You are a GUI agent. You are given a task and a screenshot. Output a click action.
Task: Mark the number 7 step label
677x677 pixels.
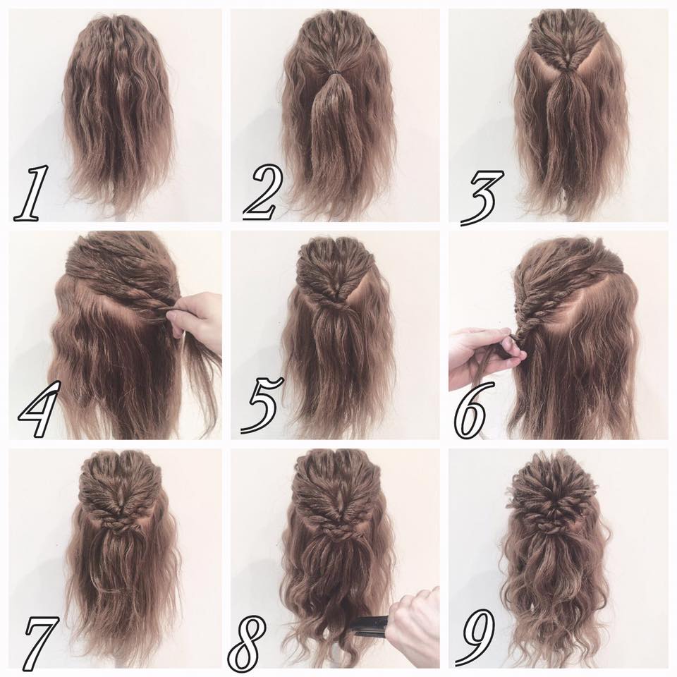point(42,639)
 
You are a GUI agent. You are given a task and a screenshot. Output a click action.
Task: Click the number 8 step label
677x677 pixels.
point(247,642)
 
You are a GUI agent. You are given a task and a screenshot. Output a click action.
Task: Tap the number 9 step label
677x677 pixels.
point(475,637)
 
